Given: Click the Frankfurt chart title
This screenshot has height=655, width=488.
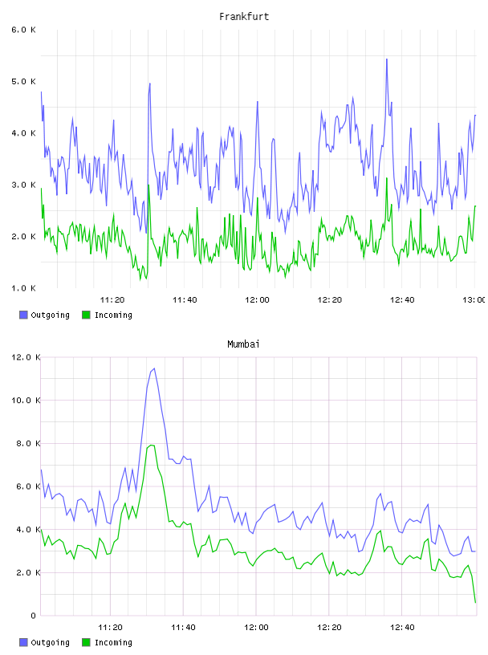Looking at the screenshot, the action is pyautogui.click(x=244, y=17).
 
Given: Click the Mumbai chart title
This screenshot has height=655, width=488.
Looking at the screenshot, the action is pyautogui.click(x=243, y=344).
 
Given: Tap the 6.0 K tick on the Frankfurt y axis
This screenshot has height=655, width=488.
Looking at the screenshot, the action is pyautogui.click(x=23, y=30).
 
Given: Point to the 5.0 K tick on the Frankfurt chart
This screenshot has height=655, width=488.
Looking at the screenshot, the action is pyautogui.click(x=23, y=81).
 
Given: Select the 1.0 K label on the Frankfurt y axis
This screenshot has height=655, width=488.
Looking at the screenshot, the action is pyautogui.click(x=23, y=288).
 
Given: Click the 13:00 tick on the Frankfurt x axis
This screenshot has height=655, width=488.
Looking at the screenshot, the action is pyautogui.click(x=474, y=300).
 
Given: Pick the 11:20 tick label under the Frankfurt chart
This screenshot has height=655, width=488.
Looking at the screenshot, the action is pyautogui.click(x=112, y=300).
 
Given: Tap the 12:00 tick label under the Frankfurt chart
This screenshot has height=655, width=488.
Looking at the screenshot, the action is pyautogui.click(x=257, y=300).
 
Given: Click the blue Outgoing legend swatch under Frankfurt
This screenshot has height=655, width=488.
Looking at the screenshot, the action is pyautogui.click(x=23, y=315).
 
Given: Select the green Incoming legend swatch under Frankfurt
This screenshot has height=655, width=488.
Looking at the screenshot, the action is pyautogui.click(x=86, y=315).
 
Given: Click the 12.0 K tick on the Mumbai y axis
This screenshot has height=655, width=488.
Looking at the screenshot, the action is pyautogui.click(x=26, y=357).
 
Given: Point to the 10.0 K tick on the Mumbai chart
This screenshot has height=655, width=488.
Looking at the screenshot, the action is pyautogui.click(x=26, y=401).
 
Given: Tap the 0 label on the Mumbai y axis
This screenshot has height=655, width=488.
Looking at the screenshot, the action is pyautogui.click(x=34, y=616).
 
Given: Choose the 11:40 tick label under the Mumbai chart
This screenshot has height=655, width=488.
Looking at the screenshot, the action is pyautogui.click(x=184, y=628).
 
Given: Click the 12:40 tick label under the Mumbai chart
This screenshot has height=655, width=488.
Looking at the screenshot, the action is pyautogui.click(x=402, y=628).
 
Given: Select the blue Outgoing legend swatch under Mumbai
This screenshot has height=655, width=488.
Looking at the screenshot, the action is pyautogui.click(x=23, y=642).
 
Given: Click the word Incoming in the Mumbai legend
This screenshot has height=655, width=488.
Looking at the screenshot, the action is pyautogui.click(x=113, y=642).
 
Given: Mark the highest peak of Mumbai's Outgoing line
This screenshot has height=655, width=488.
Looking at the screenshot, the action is pyautogui.click(x=154, y=368).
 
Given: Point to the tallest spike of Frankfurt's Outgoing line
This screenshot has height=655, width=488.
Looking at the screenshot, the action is pyautogui.click(x=387, y=59).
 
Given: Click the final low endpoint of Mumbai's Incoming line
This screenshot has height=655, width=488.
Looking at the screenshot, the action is pyautogui.click(x=475, y=602).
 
